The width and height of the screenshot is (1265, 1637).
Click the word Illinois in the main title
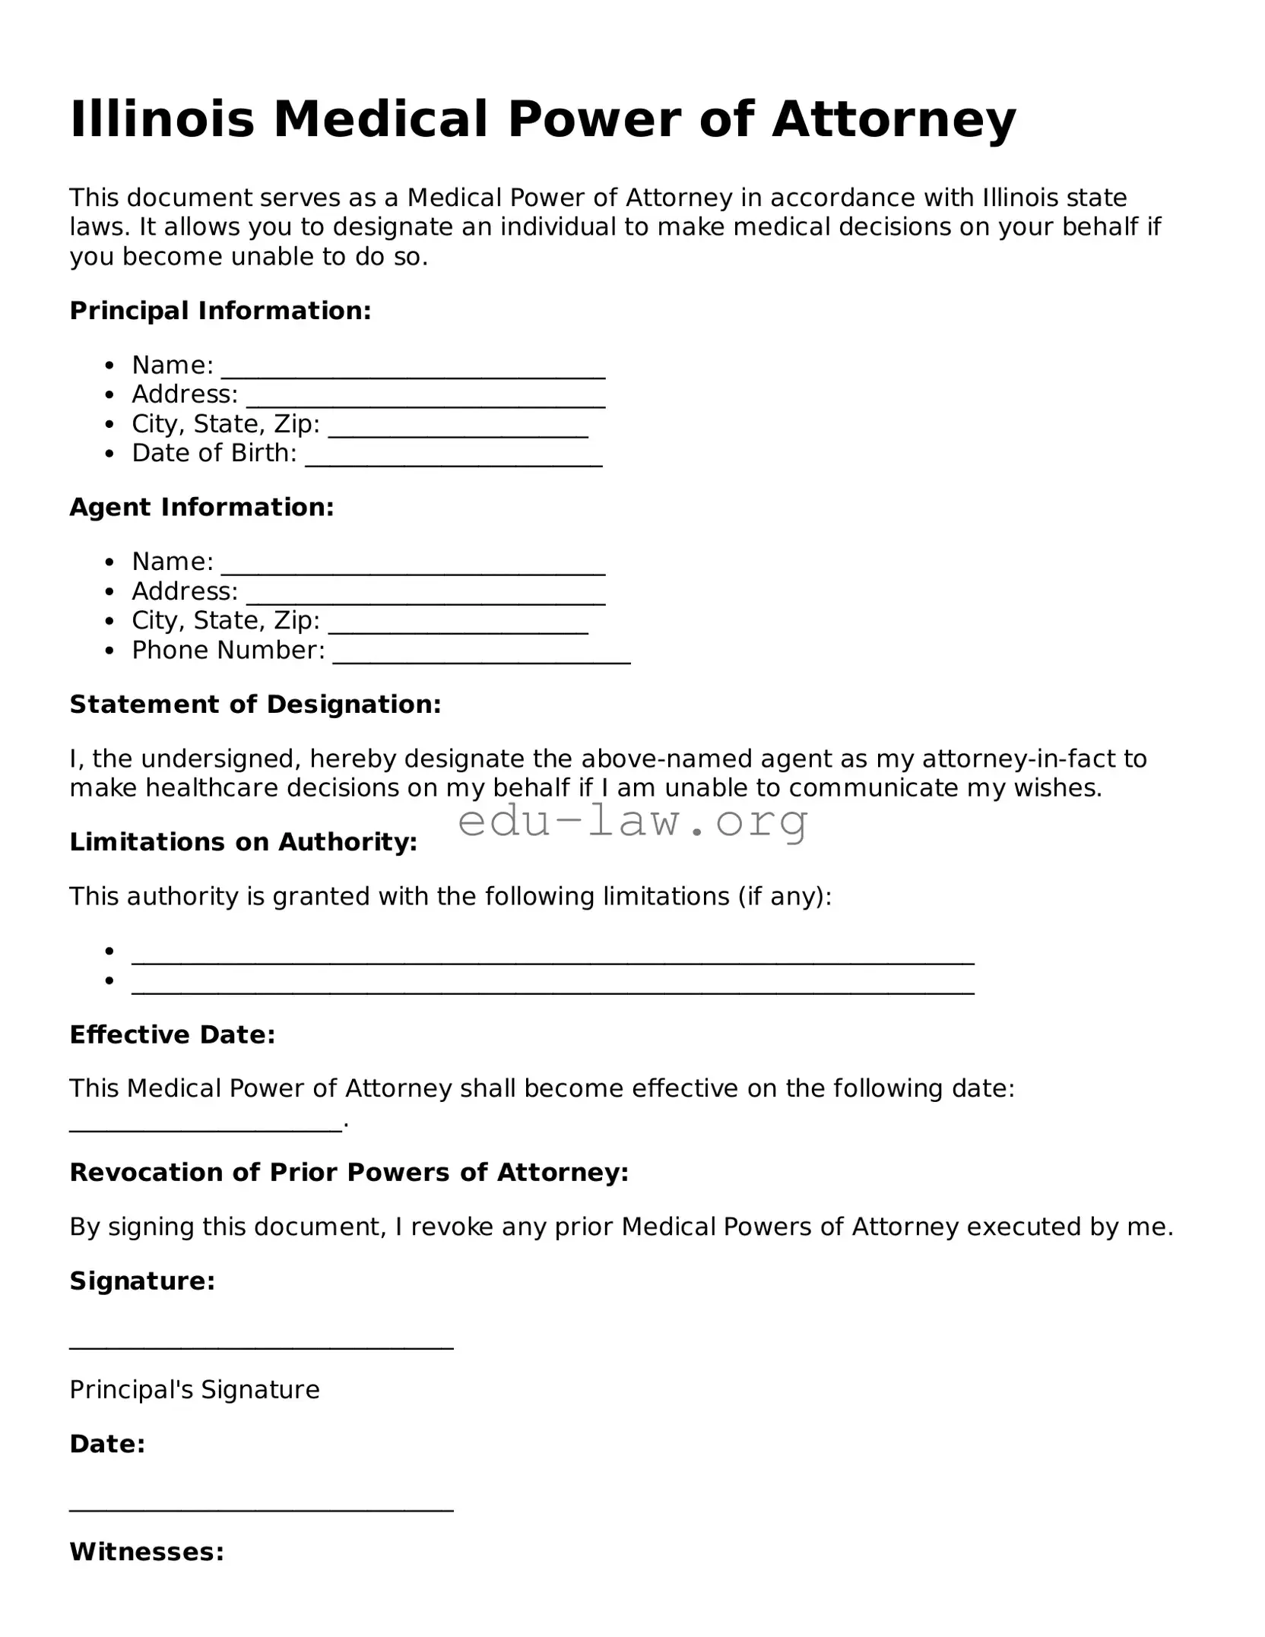(x=162, y=119)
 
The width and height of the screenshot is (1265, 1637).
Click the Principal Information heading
(x=220, y=310)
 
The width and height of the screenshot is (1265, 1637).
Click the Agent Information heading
(x=201, y=507)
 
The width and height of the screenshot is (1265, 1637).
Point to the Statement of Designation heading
(x=255, y=705)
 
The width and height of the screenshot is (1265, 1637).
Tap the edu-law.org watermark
(x=632, y=821)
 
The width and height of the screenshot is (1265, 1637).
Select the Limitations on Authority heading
(x=243, y=842)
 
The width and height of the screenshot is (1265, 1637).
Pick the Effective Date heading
(x=173, y=1034)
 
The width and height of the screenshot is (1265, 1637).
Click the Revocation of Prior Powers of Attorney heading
(x=349, y=1173)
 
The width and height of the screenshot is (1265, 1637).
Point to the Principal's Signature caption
(x=195, y=1389)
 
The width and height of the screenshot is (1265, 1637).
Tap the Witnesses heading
(x=147, y=1552)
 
